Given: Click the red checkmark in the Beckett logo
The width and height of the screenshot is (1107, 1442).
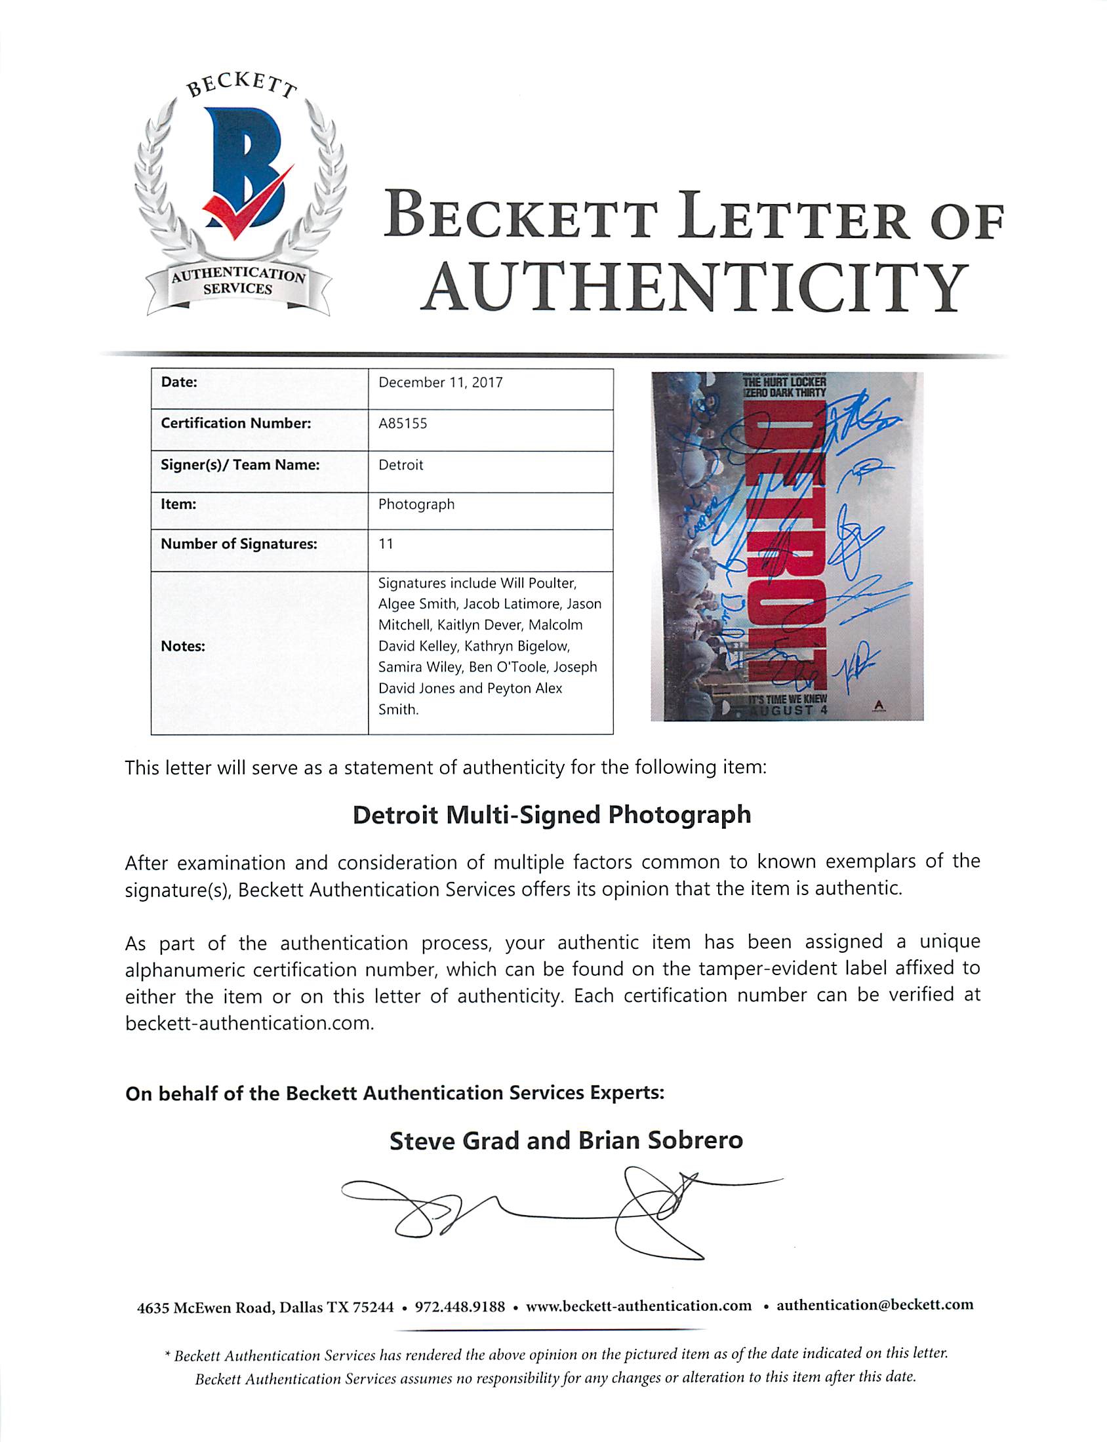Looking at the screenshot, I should click(247, 204).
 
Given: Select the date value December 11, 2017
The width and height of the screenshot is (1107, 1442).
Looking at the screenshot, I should click(440, 383).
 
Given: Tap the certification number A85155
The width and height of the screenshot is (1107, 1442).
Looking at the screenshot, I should click(403, 424).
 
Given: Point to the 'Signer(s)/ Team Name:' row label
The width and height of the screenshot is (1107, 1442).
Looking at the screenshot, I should click(240, 465).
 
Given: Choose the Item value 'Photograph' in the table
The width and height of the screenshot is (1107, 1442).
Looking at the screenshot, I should click(416, 504).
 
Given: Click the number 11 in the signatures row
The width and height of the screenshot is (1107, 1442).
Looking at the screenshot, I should click(386, 544).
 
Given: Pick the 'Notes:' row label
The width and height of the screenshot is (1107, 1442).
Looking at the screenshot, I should click(182, 646).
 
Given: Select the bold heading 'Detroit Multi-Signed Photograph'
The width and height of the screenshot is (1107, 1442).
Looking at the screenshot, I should click(552, 816).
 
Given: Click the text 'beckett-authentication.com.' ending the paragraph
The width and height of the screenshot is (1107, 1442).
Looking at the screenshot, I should click(249, 1023).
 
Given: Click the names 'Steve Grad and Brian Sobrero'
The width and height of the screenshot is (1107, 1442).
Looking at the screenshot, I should click(566, 1141).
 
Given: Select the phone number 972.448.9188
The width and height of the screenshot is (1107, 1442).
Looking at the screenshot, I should click(459, 1306).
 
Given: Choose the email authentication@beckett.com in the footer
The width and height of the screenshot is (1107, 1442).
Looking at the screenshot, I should click(874, 1306).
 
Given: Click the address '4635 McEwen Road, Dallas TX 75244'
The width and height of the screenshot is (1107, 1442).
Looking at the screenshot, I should click(265, 1307).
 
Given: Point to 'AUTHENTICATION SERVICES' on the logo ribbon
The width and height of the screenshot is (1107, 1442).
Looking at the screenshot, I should click(238, 282).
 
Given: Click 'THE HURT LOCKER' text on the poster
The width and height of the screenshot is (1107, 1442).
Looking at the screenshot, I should click(784, 382).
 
